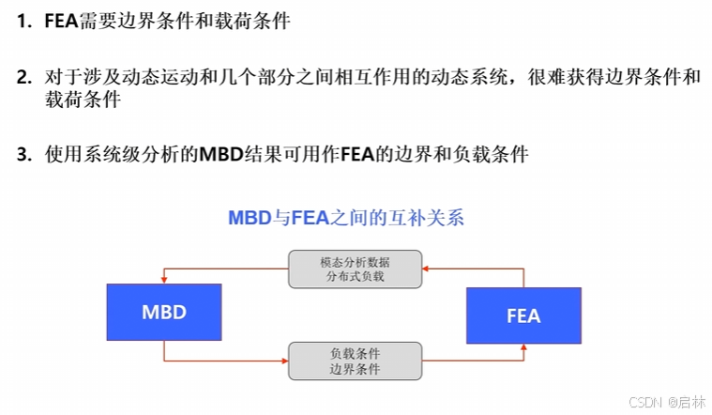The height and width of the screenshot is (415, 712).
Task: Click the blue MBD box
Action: click(164, 312)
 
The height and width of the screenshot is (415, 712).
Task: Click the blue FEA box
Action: click(523, 315)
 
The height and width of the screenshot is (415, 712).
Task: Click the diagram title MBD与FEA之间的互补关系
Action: click(346, 218)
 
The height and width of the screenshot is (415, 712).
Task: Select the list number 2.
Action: click(23, 78)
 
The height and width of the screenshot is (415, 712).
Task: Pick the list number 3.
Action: click(23, 155)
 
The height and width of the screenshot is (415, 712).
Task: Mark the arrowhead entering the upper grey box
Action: click(424, 269)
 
